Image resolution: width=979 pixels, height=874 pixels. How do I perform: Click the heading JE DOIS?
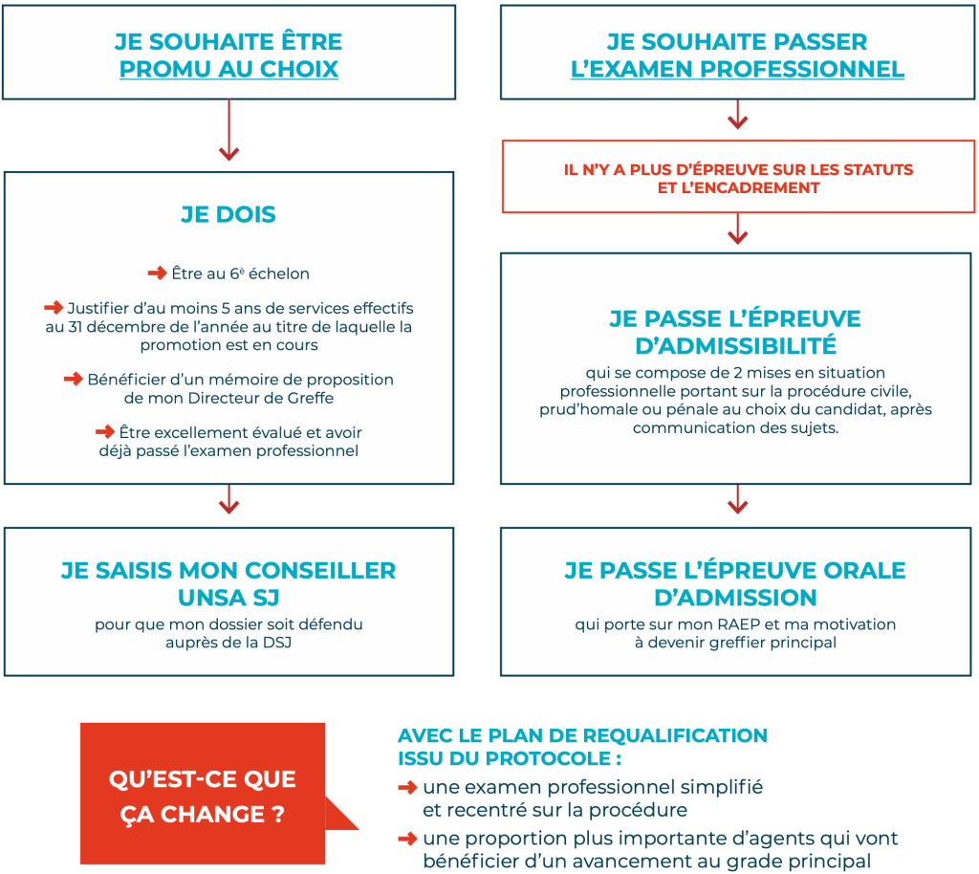pyautogui.click(x=228, y=215)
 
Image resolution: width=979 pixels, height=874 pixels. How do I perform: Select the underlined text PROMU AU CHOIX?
pyautogui.click(x=228, y=69)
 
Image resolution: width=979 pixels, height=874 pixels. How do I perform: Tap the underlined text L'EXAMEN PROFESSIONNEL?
pyautogui.click(x=737, y=69)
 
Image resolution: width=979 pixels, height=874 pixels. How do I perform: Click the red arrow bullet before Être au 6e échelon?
pyautogui.click(x=157, y=273)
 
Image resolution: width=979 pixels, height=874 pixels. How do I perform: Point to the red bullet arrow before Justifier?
pyautogui.click(x=54, y=308)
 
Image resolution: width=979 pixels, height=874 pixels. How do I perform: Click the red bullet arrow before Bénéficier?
pyautogui.click(x=74, y=379)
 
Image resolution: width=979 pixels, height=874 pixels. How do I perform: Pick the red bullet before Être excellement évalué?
pyautogui.click(x=105, y=432)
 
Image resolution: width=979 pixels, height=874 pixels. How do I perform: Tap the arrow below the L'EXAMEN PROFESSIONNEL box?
pyautogui.click(x=737, y=118)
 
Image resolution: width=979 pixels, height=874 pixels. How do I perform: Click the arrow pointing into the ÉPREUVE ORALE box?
pyautogui.click(x=737, y=499)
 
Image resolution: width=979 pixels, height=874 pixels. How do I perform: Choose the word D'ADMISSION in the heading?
pyautogui.click(x=735, y=598)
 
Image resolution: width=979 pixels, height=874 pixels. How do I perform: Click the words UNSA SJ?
pyautogui.click(x=228, y=598)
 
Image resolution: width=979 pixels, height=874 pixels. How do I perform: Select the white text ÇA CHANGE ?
pyautogui.click(x=203, y=816)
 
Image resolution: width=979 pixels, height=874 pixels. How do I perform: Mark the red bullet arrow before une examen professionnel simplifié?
pyautogui.click(x=407, y=788)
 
